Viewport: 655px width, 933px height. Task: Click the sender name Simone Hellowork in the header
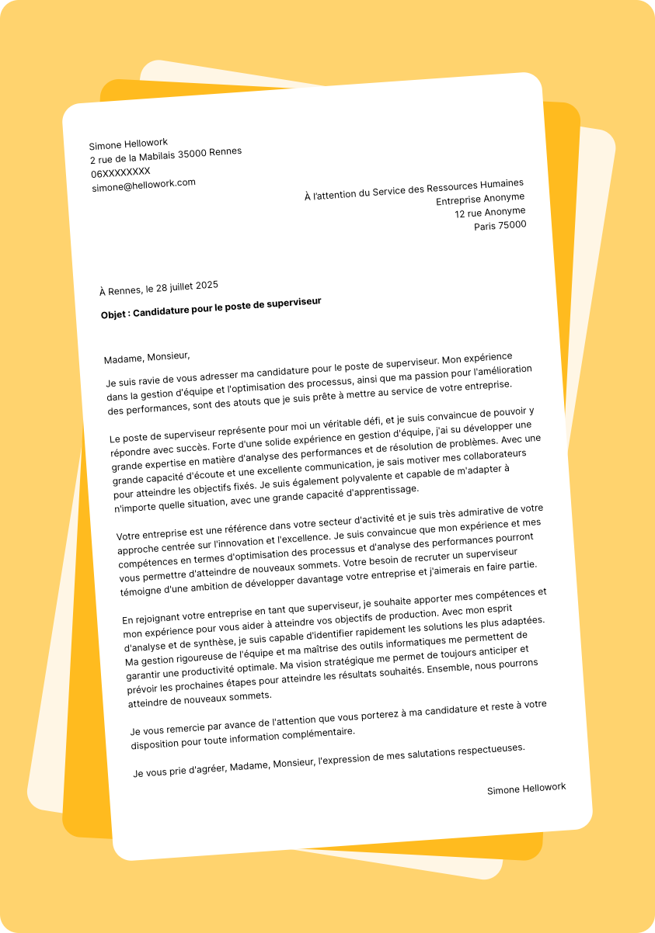coord(128,144)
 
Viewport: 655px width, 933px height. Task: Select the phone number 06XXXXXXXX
coord(120,172)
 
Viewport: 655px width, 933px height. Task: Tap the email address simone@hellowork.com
coord(144,186)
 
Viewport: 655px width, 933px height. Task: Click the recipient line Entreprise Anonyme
coord(480,199)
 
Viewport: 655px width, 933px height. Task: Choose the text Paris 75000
coord(500,226)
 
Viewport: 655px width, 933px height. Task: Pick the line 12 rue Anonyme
coord(490,212)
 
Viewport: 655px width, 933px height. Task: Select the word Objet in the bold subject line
coord(113,315)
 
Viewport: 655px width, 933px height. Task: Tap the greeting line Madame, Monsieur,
coord(147,357)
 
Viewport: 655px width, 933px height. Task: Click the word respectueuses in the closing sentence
coord(487,751)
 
